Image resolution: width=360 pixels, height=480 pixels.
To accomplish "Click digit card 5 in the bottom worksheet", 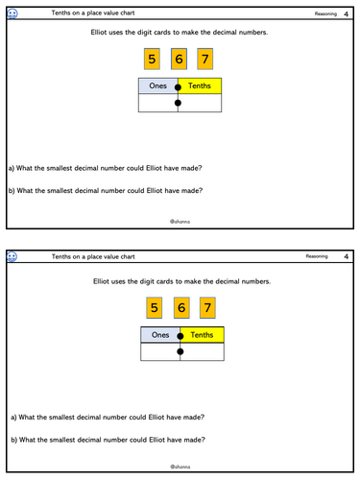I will point(153,308).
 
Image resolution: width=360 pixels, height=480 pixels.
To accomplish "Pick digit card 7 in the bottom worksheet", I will point(206,308).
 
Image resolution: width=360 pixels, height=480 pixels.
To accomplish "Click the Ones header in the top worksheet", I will point(158,86).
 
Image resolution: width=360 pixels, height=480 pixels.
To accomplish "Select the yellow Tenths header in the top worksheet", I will point(201,86).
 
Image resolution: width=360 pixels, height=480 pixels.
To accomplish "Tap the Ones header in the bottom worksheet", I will point(160,335).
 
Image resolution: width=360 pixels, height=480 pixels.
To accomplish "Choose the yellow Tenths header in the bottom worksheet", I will point(203,335).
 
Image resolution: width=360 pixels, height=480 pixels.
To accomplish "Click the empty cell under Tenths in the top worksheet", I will point(201,104).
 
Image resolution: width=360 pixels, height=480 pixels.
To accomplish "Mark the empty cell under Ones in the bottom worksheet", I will point(160,352).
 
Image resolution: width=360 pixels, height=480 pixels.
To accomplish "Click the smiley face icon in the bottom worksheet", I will point(12,257).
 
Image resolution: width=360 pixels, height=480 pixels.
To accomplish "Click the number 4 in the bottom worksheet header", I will point(345,257).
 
